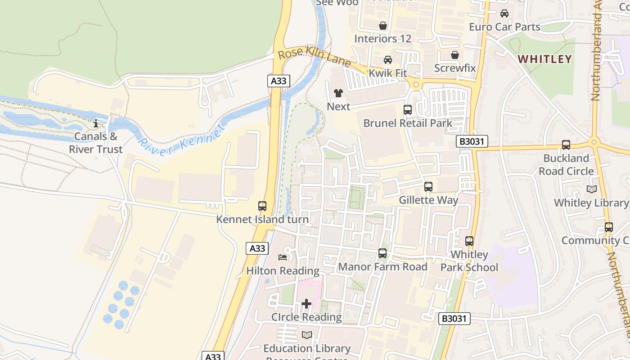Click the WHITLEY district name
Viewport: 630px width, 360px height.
pyautogui.click(x=544, y=59)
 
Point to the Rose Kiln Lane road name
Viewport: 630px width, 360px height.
pyautogui.click(x=314, y=57)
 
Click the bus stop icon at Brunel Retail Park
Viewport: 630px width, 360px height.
pyautogui.click(x=408, y=109)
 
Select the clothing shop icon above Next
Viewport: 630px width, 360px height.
pyautogui.click(x=338, y=93)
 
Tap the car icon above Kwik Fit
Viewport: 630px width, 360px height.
pyautogui.click(x=387, y=60)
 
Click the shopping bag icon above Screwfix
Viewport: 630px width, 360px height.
pyautogui.click(x=455, y=55)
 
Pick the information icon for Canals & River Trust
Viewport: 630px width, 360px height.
pyautogui.click(x=95, y=123)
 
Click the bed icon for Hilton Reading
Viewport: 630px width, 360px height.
pyautogui.click(x=283, y=257)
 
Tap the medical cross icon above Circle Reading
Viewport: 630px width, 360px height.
pyautogui.click(x=306, y=304)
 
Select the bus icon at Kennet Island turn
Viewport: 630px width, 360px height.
pyautogui.click(x=262, y=206)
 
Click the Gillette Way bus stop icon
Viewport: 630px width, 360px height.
pyautogui.click(x=428, y=186)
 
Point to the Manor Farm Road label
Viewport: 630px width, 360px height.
pyautogui.click(x=382, y=267)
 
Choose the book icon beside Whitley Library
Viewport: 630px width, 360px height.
pyautogui.click(x=592, y=189)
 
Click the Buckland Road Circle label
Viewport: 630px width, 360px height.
pyautogui.click(x=566, y=165)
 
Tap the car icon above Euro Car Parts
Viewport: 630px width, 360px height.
pyautogui.click(x=504, y=13)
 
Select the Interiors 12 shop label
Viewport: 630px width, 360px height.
pyautogui.click(x=383, y=39)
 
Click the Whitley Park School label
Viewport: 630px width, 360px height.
pyautogui.click(x=469, y=261)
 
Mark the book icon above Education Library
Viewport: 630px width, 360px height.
pyautogui.click(x=307, y=335)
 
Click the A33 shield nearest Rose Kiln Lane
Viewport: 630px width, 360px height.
pyautogui.click(x=279, y=81)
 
